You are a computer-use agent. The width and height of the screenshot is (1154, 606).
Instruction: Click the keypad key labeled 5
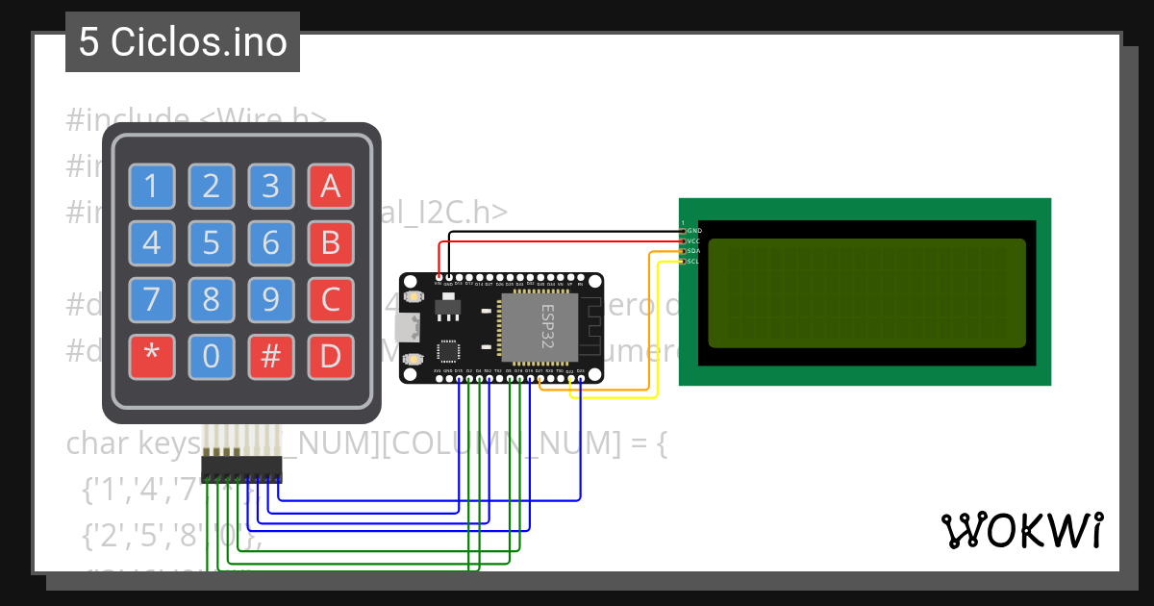212,243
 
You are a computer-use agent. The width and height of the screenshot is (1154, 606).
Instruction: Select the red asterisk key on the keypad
152,357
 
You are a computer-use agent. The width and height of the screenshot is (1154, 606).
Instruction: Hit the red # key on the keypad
271,357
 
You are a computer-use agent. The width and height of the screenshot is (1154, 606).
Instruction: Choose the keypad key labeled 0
212,357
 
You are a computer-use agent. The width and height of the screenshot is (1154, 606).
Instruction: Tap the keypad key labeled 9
271,300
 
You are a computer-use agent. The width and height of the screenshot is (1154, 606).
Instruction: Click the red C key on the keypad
331,300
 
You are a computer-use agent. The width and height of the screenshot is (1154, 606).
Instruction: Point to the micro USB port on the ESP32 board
408,328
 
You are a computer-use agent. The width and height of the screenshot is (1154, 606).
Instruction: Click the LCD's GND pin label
693,231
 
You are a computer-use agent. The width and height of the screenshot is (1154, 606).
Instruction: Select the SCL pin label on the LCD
693,262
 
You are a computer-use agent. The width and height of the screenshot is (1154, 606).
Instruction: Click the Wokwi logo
1021,531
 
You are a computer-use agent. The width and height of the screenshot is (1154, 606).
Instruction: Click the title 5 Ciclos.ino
183,42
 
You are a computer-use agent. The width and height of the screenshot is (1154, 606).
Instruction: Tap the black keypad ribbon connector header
241,468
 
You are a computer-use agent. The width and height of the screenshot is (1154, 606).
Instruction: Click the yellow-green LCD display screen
866,292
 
